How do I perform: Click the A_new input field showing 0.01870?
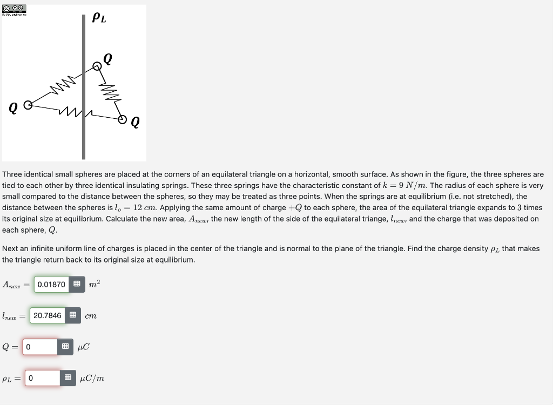tap(52, 284)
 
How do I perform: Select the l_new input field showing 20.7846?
tap(48, 315)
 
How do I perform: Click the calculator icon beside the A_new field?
tap(77, 284)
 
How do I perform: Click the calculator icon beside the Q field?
tap(65, 347)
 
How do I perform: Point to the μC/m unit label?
tap(92, 378)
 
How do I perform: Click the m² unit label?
tap(94, 284)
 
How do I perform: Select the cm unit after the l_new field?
tap(91, 315)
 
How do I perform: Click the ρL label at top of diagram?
tap(99, 17)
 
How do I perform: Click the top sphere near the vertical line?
tap(97, 66)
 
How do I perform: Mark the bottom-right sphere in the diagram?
tap(123, 118)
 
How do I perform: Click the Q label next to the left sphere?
tap(11, 108)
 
